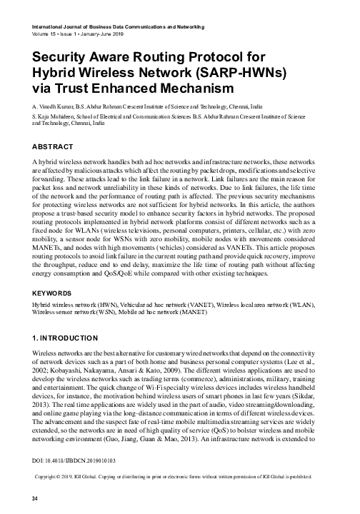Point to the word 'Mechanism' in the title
(194, 88)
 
